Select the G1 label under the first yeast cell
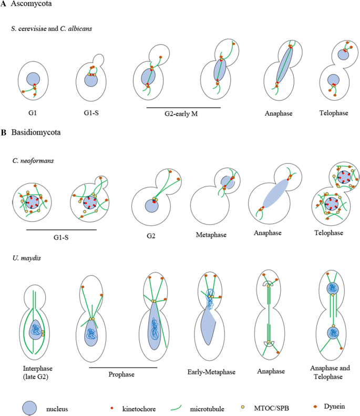(x=34, y=112)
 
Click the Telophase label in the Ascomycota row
(x=335, y=112)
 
